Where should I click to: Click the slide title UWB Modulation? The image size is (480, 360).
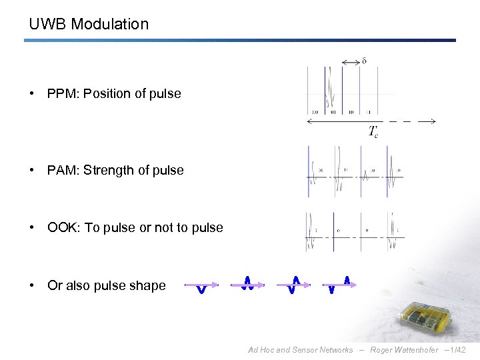[x=89, y=24]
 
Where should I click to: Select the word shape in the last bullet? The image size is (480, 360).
[x=147, y=285]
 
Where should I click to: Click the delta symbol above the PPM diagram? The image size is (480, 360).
[x=363, y=62]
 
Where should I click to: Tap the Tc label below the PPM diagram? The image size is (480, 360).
[x=373, y=131]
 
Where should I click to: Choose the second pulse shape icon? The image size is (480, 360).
[x=247, y=284]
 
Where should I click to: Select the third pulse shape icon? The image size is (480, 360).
[x=294, y=285]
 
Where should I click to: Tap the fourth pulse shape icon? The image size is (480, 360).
[x=340, y=285]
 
